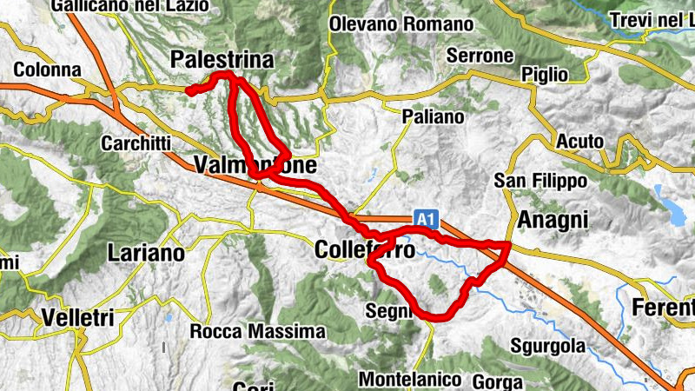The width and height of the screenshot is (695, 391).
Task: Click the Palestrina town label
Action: coord(222,60)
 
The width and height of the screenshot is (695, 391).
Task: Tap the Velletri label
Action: coord(77,319)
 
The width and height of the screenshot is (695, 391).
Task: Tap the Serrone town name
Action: coord(480,56)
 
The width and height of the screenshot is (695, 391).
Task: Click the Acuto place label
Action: coord(579,141)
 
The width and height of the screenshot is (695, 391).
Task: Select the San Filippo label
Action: coord(540,181)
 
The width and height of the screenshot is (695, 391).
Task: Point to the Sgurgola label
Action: coord(549,345)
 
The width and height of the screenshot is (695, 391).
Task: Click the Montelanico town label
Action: coord(409,380)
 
